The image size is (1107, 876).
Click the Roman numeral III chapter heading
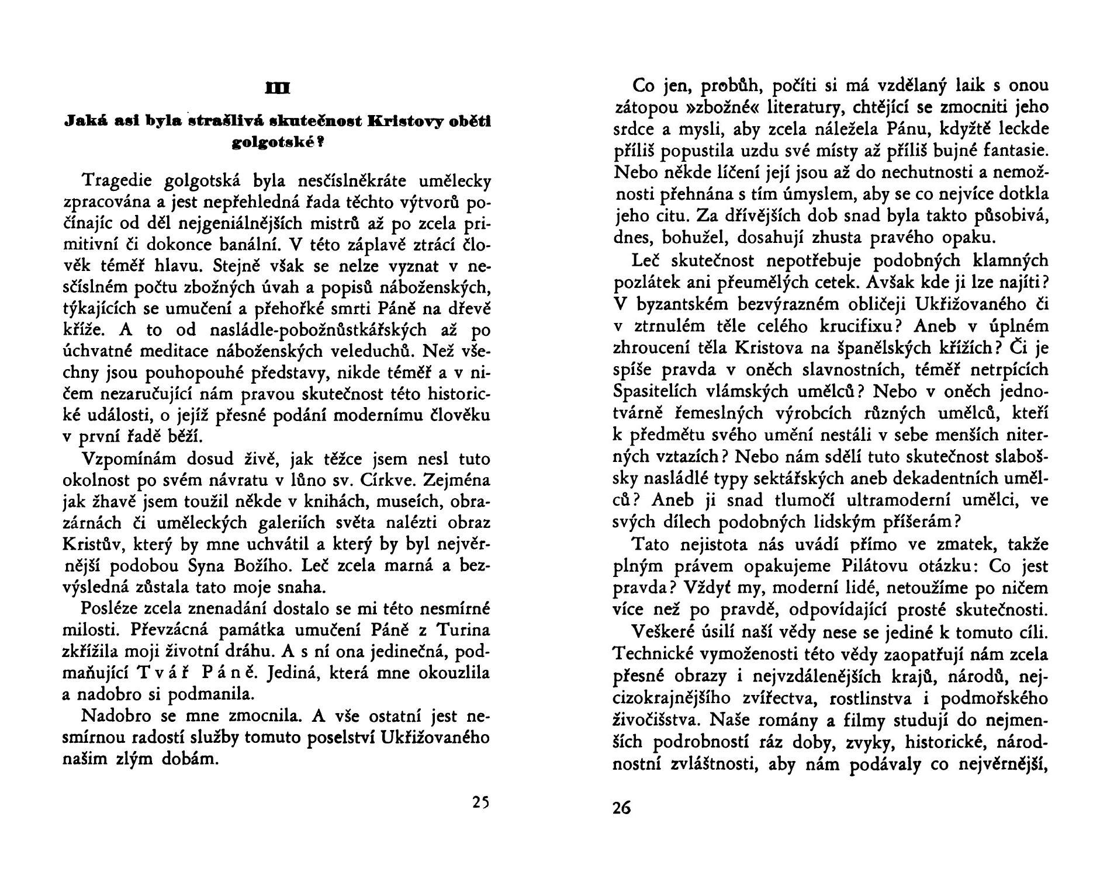tap(277, 88)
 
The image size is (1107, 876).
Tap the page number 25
tap(480, 802)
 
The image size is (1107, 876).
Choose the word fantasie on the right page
tap(1016, 151)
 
